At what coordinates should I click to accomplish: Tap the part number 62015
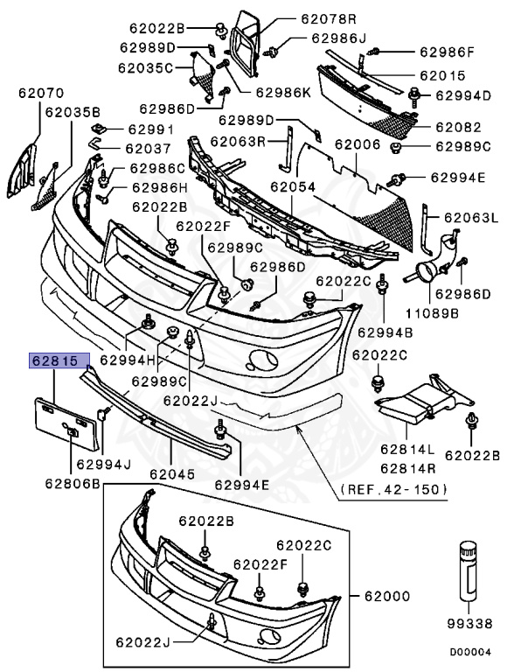click(444, 76)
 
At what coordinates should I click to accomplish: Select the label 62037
click(145, 148)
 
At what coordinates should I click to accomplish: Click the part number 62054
click(292, 186)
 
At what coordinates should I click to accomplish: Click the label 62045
click(171, 474)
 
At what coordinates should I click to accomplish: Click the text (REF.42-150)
click(391, 488)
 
